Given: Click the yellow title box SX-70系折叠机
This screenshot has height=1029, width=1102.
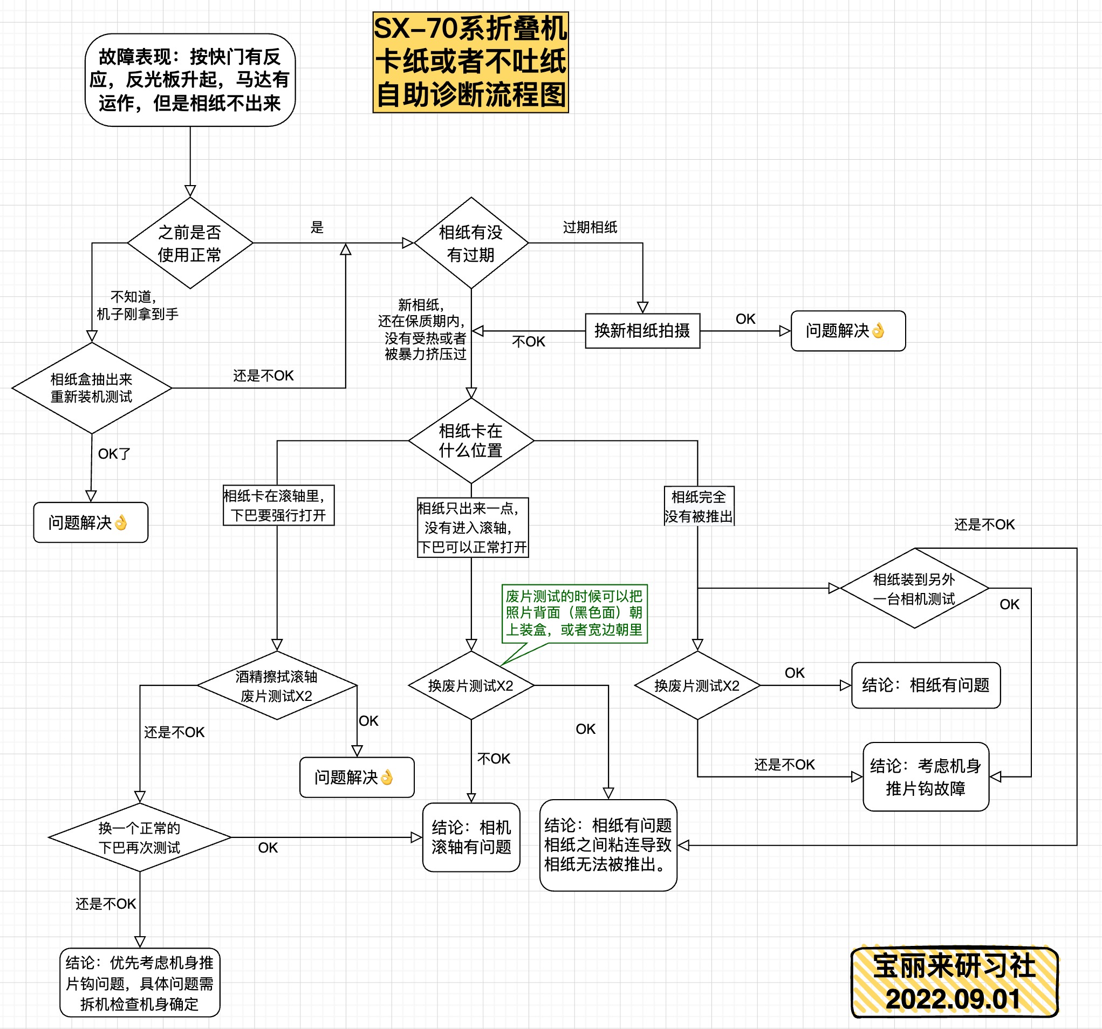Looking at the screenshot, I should [470, 62].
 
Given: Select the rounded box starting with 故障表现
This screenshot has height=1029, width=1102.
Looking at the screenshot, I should [190, 80].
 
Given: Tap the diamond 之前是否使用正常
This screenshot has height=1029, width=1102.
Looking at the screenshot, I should [190, 243].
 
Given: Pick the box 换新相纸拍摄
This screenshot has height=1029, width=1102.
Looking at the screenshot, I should [642, 331].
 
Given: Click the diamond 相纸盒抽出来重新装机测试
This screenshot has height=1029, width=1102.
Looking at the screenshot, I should [92, 388].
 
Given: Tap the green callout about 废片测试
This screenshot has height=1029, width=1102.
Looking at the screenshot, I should [574, 613].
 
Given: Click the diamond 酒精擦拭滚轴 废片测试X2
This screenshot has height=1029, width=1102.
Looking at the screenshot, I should [277, 686].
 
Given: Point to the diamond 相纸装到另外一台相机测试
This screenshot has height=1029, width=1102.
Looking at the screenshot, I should [914, 588].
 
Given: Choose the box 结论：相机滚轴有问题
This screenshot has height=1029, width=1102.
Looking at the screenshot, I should [471, 837].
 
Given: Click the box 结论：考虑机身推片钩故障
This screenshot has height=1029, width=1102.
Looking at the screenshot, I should [926, 776].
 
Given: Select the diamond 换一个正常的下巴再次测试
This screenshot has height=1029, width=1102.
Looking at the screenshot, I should [140, 837].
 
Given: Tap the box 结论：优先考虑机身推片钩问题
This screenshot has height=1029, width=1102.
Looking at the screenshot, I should [140, 983].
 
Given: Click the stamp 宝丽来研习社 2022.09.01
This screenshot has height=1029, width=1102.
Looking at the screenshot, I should [955, 982].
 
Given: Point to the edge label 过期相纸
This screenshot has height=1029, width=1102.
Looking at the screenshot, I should [590, 227].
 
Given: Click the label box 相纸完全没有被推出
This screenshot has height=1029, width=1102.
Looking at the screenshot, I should [699, 506].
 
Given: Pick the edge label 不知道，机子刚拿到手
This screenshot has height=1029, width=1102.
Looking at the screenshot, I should [137, 305].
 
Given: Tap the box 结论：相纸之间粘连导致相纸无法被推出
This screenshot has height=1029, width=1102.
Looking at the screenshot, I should [608, 845].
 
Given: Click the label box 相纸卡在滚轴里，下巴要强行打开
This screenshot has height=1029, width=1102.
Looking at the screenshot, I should [278, 505].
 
